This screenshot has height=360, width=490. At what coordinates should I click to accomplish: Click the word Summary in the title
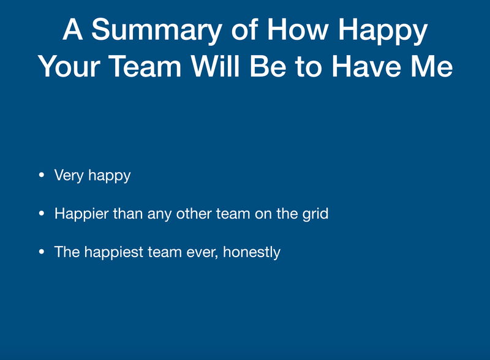pyautogui.click(x=157, y=30)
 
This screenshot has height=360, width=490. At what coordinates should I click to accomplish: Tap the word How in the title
pyautogui.click(x=298, y=29)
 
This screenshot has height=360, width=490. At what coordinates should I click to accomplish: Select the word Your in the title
pyautogui.click(x=69, y=66)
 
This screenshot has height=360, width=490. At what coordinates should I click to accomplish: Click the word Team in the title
pyautogui.click(x=145, y=66)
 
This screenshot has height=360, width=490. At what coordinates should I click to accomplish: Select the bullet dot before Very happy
pyautogui.click(x=42, y=175)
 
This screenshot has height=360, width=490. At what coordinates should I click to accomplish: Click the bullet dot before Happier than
pyautogui.click(x=42, y=214)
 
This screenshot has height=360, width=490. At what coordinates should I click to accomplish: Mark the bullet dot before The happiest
pyautogui.click(x=42, y=252)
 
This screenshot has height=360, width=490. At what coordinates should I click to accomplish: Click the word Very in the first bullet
pyautogui.click(x=69, y=176)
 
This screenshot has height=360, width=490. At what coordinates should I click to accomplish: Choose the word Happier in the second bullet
pyautogui.click(x=81, y=214)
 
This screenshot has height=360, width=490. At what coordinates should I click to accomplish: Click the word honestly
pyautogui.click(x=252, y=252)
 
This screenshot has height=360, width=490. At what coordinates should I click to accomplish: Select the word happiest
pyautogui.click(x=113, y=252)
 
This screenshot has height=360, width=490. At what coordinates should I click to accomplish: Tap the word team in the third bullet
pyautogui.click(x=164, y=252)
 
